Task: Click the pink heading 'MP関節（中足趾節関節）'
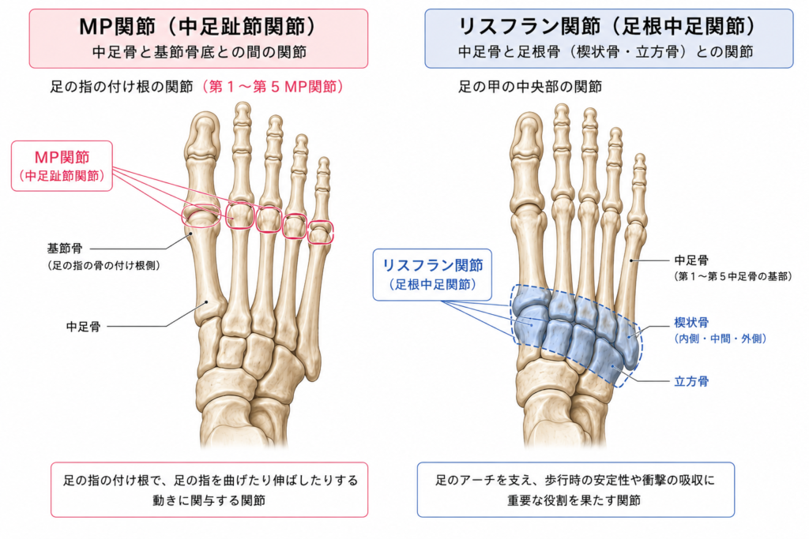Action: (198, 27)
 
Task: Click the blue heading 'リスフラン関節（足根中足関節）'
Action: (608, 26)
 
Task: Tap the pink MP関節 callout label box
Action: (62, 166)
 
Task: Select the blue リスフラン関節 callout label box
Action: (432, 275)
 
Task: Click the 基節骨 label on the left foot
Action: (65, 249)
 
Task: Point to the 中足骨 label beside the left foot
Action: (84, 326)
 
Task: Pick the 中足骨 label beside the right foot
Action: (691, 260)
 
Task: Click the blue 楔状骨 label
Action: (691, 323)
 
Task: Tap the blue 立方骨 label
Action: (691, 381)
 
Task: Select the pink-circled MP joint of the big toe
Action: (201, 216)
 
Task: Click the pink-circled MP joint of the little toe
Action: (321, 232)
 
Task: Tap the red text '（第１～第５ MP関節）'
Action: (273, 86)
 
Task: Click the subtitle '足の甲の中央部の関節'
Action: (530, 86)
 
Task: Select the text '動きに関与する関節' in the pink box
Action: (209, 500)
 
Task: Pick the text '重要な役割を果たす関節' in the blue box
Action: (574, 500)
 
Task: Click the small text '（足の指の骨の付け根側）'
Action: (103, 265)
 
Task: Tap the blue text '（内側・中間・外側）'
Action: (721, 339)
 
